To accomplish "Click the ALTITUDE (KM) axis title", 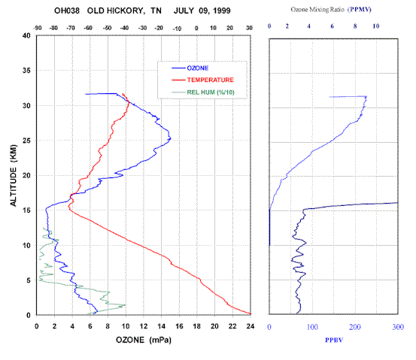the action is click(14, 175).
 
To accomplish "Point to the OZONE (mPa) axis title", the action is click(144, 340).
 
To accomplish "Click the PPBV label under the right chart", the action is click(334, 340).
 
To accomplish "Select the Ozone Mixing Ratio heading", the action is click(317, 10).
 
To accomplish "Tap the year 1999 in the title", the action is click(222, 11).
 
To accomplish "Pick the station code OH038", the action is click(67, 11).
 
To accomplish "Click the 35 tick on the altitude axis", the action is click(26, 70).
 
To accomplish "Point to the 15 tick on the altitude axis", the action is click(26, 210).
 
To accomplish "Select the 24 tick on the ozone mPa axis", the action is click(251, 326).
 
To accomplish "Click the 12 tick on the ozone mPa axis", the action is click(144, 326).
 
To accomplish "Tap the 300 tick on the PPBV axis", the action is click(398, 327).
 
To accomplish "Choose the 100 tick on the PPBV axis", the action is click(312, 327).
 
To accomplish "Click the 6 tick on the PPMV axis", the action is click(332, 26).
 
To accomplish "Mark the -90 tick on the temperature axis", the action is click(38, 28).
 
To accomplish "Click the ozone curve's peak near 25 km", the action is click(171, 138).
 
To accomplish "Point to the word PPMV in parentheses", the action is click(360, 10).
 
